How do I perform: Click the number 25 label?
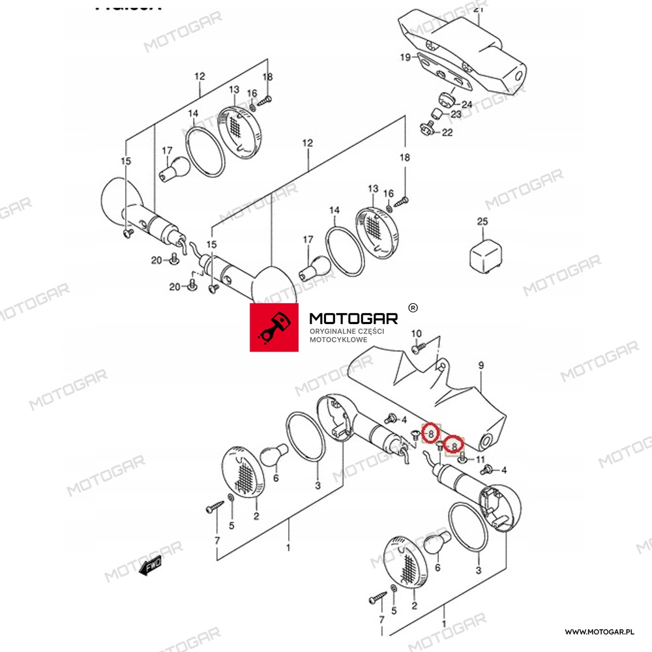[x=482, y=222]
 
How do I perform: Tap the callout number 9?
[x=481, y=366]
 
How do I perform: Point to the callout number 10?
[x=417, y=334]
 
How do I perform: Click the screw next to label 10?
[x=417, y=348]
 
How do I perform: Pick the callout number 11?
[x=481, y=460]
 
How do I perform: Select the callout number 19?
[x=405, y=57]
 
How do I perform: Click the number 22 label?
[x=447, y=133]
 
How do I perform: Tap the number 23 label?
[x=456, y=114]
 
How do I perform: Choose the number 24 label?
[x=467, y=104]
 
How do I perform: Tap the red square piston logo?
[x=274, y=327]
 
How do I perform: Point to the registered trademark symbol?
[x=412, y=307]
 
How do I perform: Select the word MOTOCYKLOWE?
[x=338, y=340]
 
